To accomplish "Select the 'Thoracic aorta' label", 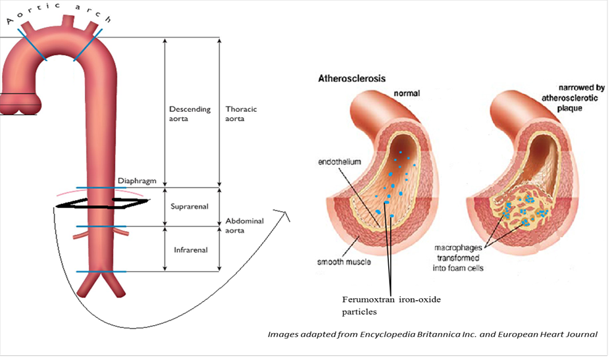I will tap(243, 114).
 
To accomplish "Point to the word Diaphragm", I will tap(135, 180).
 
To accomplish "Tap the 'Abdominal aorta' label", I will tap(245, 226).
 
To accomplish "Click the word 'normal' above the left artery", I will tap(406, 93).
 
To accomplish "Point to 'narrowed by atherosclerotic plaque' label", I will tap(564, 97).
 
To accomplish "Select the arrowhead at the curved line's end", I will tap(284, 213).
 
